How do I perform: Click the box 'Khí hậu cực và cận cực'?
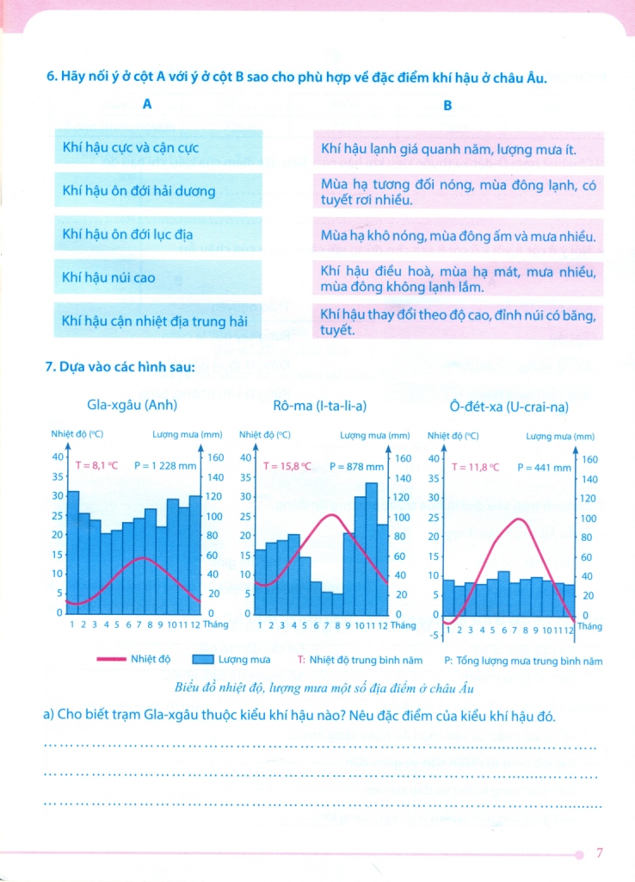coord(157,148)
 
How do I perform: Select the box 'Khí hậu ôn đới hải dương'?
coord(157,190)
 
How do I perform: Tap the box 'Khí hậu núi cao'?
coord(157,277)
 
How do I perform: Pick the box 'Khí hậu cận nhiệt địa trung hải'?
coord(157,320)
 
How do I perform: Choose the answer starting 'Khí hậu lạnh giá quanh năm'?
coord(459,149)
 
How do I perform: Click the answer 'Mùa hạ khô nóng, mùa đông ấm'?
coord(459,236)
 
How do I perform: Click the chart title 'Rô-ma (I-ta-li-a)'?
coord(317,404)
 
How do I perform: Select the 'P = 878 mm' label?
coord(357,466)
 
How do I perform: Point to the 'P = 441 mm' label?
coord(544,468)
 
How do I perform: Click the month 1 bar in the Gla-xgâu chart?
coord(73,551)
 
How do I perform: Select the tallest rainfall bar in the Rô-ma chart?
coord(371,547)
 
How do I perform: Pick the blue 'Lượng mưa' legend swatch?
coord(202,660)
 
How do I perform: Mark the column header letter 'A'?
coord(147,105)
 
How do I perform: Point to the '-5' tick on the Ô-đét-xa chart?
coord(435,635)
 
